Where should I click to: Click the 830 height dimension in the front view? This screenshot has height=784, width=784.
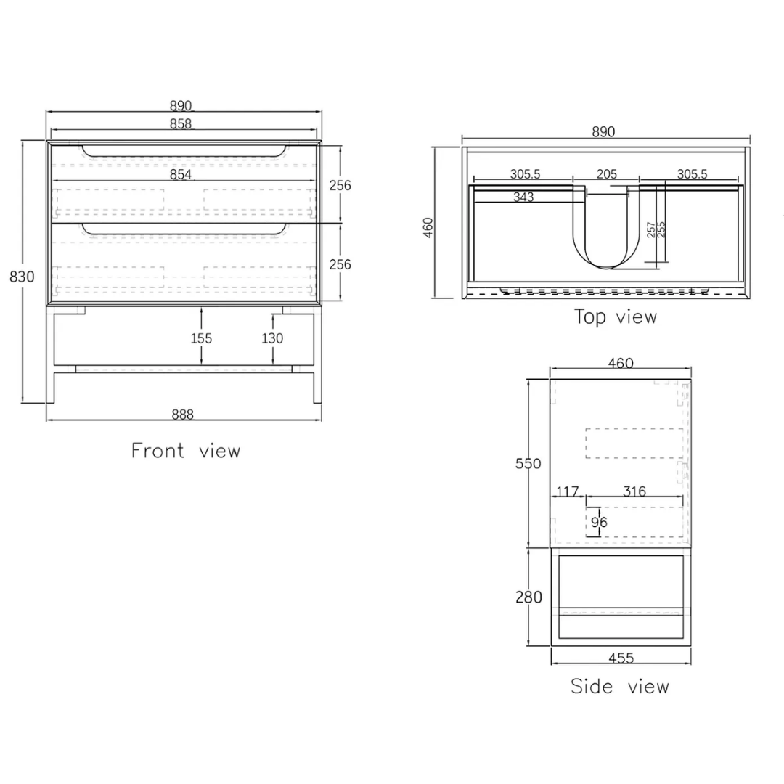22,277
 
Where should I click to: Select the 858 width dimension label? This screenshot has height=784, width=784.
181,123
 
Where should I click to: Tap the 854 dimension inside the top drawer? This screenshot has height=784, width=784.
181,174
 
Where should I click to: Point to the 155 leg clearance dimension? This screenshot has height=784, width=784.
201,338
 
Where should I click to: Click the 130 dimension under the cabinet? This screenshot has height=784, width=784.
272,338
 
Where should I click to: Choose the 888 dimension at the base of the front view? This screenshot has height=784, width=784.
182,415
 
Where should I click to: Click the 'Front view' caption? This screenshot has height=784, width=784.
186,451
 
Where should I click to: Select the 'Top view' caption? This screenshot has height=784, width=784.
615,317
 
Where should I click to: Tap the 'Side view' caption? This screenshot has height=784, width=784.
620,687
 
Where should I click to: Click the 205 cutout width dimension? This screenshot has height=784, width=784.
606,174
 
